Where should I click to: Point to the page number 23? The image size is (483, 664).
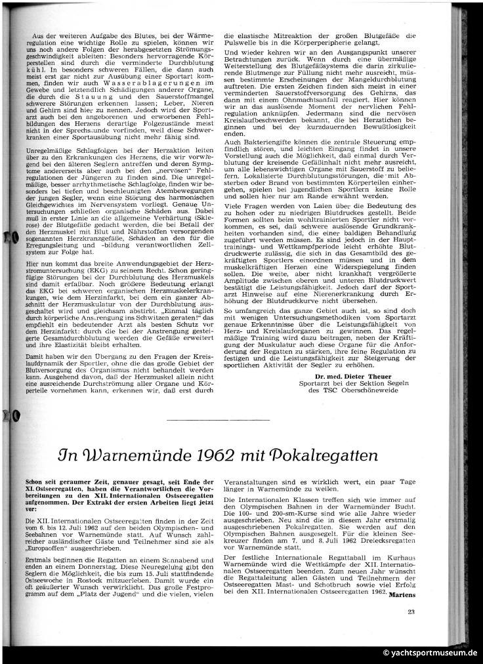click(x=411, y=613)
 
